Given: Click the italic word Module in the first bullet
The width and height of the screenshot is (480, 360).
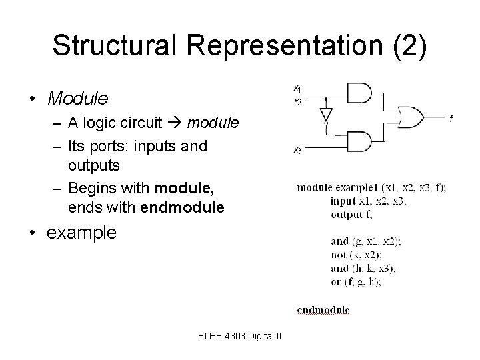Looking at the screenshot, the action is (77, 99).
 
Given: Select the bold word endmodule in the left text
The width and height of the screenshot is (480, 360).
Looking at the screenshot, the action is (183, 208).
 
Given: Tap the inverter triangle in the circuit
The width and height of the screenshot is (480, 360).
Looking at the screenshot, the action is (325, 114).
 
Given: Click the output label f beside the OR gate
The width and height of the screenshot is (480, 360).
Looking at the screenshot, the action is (451, 118).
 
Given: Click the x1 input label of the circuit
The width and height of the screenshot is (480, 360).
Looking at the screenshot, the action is (297, 87).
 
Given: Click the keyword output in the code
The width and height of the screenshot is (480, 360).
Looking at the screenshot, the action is (346, 215).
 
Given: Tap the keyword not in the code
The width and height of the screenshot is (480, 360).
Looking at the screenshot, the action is (339, 255).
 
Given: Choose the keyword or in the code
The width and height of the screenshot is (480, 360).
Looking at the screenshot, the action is (336, 281).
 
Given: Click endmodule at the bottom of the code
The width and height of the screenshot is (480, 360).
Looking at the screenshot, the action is (323, 309).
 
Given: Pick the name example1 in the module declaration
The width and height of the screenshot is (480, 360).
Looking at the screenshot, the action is (361, 188).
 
